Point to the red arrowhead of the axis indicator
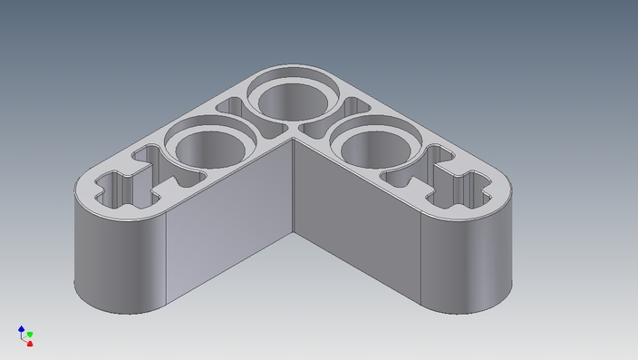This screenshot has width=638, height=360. coord(29,344)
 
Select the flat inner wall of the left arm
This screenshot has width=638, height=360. coord(231,227)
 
